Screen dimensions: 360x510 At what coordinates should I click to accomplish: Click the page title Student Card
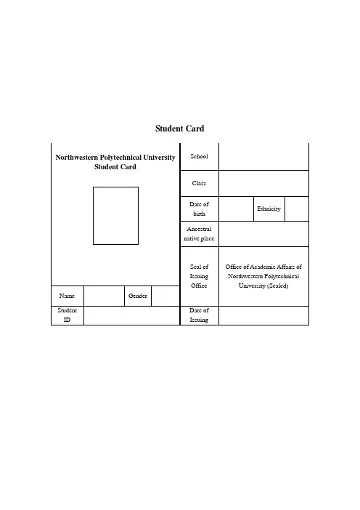coord(180,129)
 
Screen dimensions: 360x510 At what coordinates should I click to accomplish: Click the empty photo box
coord(115,187)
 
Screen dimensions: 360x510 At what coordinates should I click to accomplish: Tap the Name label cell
coord(67,296)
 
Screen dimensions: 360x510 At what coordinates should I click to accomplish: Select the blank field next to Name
coord(104,296)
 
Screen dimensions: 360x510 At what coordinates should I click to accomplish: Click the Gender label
coord(138,296)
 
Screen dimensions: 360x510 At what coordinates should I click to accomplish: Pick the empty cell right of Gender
coord(165,296)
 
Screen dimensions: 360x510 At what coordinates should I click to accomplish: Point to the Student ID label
coord(67,315)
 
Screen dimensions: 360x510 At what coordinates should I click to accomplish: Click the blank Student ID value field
coord(131,315)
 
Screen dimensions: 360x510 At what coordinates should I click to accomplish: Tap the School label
coord(199,156)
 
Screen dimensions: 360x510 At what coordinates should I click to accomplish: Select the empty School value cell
coord(263,156)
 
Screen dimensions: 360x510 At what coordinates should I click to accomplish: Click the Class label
coord(199,183)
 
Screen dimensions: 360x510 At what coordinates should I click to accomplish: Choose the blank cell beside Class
coord(263,183)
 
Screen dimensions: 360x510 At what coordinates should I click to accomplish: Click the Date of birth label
coord(199,209)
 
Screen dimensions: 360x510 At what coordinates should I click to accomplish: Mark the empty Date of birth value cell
coord(236,209)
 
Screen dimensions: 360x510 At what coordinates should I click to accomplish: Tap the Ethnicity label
coord(269,209)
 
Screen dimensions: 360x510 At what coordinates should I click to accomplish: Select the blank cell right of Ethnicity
coord(297,209)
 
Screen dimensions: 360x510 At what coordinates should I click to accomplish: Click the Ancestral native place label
coord(199,233)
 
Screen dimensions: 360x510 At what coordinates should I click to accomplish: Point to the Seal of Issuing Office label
coord(199,276)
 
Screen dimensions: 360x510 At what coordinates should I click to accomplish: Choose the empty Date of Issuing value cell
coord(263,315)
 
